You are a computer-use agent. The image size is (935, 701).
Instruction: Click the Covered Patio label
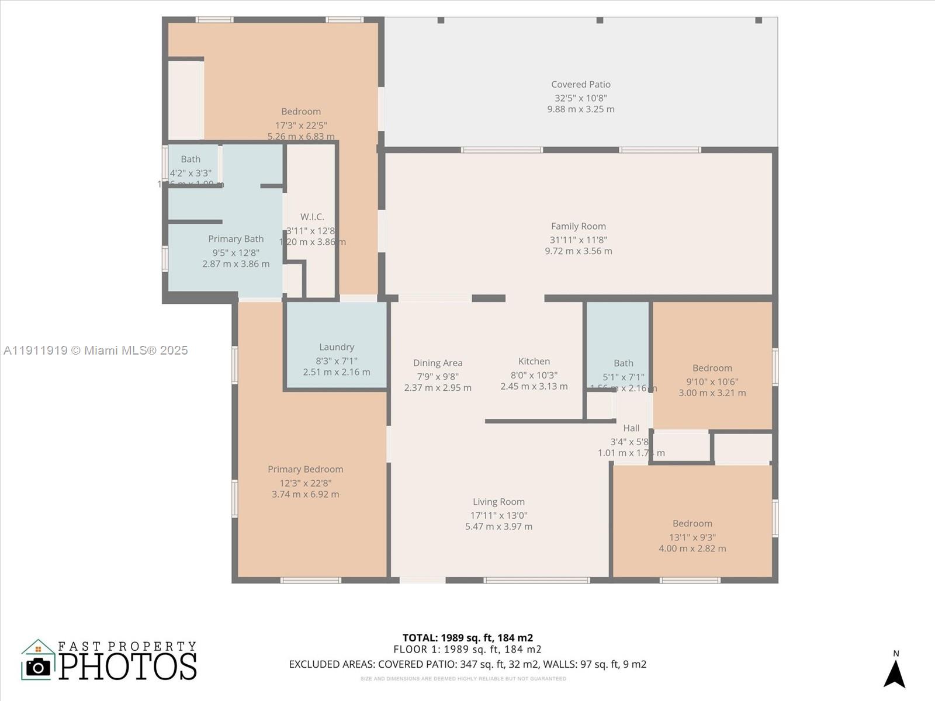point(580,85)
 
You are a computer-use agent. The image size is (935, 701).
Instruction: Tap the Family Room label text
point(578,227)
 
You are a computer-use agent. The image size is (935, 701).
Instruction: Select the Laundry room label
point(337,347)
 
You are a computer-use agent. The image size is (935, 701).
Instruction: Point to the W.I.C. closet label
point(312,217)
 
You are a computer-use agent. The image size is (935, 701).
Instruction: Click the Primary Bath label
point(236,239)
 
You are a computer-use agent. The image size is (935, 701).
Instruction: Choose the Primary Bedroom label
point(305,469)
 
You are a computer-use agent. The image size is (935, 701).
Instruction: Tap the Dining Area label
point(438,363)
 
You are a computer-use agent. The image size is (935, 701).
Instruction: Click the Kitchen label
point(534,362)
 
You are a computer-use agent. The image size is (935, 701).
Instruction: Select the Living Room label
point(498,502)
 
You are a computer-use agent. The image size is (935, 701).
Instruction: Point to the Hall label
point(631,428)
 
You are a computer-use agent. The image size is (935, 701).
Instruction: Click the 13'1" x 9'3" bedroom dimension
point(692,537)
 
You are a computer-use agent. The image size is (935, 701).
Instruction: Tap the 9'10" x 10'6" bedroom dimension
point(712,382)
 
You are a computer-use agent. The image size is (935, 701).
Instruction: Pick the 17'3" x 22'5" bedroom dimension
point(301,126)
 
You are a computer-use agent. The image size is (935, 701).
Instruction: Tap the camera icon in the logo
point(39,667)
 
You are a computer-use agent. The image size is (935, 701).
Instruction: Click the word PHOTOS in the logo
point(128,666)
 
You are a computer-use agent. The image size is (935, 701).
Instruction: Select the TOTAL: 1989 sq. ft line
point(467,638)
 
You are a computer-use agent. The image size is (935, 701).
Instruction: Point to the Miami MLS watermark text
point(96,350)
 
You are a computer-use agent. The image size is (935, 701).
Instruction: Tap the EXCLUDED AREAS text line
point(467,664)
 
